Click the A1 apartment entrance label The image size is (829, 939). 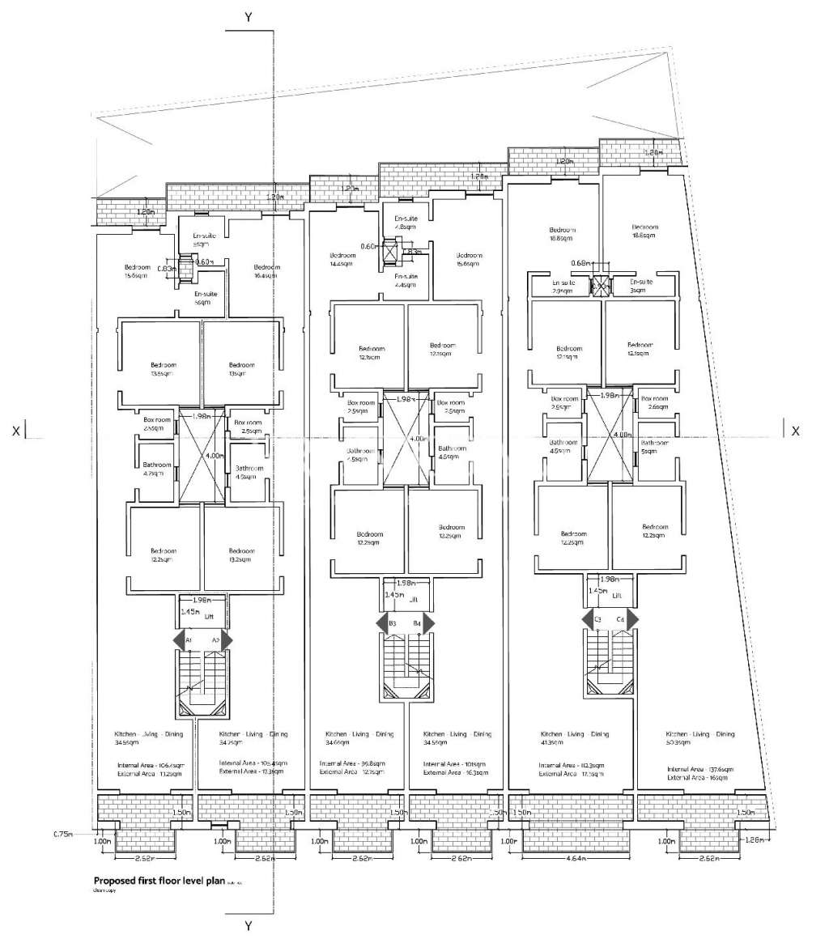point(188,640)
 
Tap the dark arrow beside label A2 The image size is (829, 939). point(227,639)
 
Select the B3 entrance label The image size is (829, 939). point(392,623)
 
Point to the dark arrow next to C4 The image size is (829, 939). point(632,619)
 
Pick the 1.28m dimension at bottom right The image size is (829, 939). point(754,840)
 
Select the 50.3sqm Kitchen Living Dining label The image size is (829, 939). point(701,738)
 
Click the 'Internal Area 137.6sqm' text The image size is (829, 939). point(699,770)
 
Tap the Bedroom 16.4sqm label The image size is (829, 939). point(266,271)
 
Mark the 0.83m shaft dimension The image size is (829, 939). point(166,268)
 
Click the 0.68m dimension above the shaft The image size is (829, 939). point(580,262)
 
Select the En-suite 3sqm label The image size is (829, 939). point(636,286)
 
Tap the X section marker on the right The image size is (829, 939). point(795,431)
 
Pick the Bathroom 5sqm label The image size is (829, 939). point(653,448)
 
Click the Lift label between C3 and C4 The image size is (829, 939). point(617,595)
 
